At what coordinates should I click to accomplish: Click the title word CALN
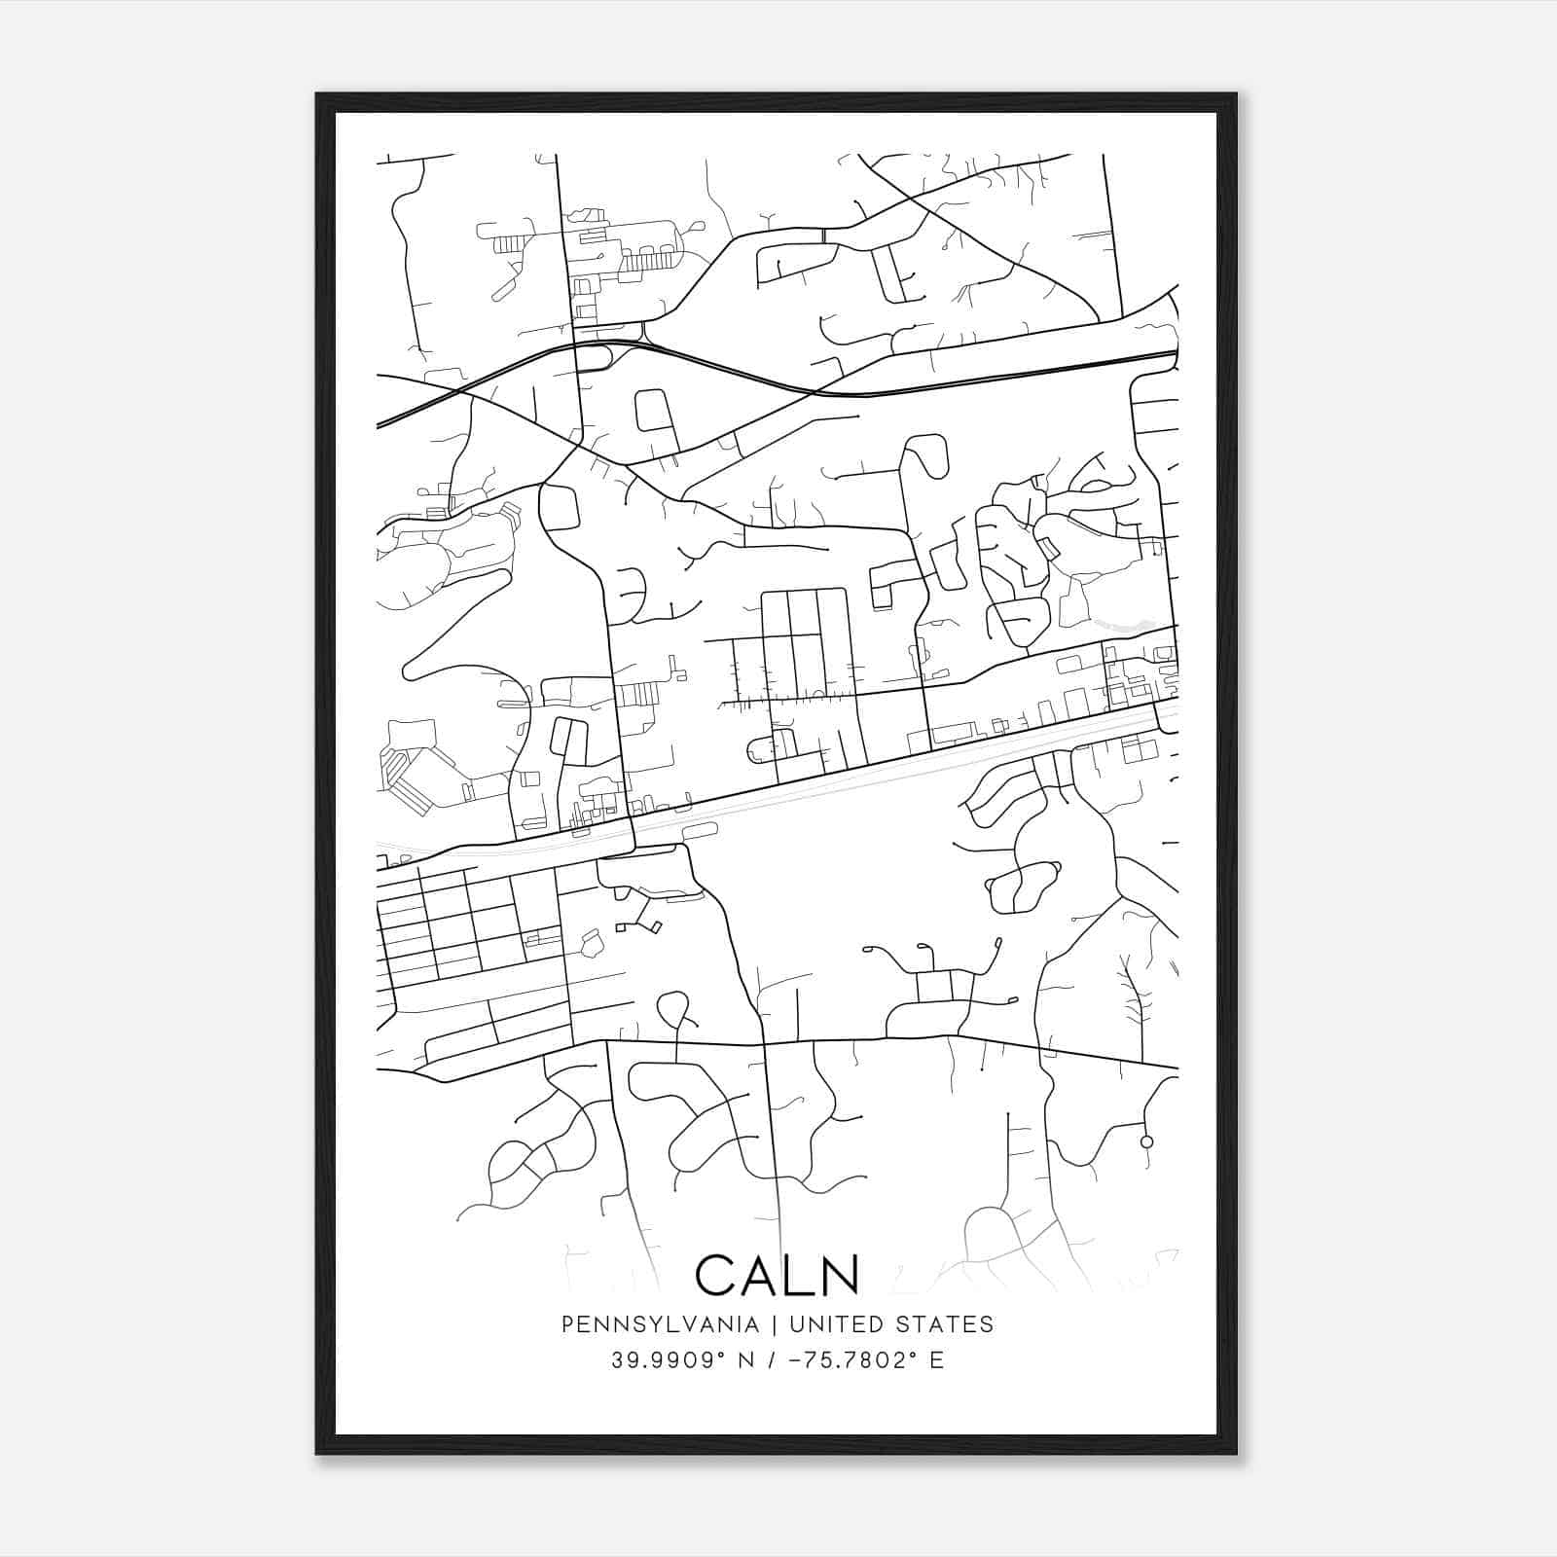click(x=778, y=1275)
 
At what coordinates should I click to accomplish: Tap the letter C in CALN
click(x=715, y=1275)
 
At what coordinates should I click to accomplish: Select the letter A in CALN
click(x=763, y=1275)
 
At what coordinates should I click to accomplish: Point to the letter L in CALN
click(x=803, y=1275)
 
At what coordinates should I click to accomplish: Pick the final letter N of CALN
click(x=841, y=1275)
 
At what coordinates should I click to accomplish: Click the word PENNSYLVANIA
click(x=646, y=1324)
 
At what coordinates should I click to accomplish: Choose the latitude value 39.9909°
click(x=670, y=1359)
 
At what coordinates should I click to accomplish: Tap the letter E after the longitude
click(x=937, y=1359)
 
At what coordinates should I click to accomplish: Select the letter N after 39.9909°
click(x=747, y=1359)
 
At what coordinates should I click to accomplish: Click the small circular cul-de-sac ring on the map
click(x=1146, y=1141)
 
